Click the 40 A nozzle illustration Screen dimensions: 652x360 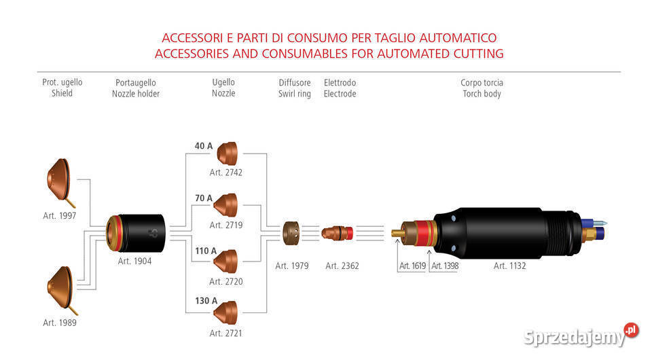point(227,154)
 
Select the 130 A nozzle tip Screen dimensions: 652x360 point(225,312)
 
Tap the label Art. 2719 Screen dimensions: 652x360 point(225,225)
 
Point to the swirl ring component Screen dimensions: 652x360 point(291,233)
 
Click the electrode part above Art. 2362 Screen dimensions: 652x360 point(338,233)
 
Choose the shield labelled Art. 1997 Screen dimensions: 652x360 point(60,181)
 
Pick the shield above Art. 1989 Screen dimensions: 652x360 point(61,289)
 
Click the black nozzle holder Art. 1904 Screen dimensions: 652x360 point(135,233)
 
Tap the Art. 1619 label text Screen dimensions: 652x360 point(412,266)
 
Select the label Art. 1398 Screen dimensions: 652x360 point(444,266)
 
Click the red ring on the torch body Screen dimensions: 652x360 point(424,233)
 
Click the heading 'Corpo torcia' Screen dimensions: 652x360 point(482,82)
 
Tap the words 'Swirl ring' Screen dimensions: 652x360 point(294,94)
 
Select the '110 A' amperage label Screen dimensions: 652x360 point(206,251)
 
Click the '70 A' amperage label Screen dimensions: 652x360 point(204,198)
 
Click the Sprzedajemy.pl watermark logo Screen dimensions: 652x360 point(581,335)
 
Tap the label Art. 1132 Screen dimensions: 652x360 point(509,266)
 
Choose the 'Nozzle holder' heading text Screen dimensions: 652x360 point(136,94)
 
